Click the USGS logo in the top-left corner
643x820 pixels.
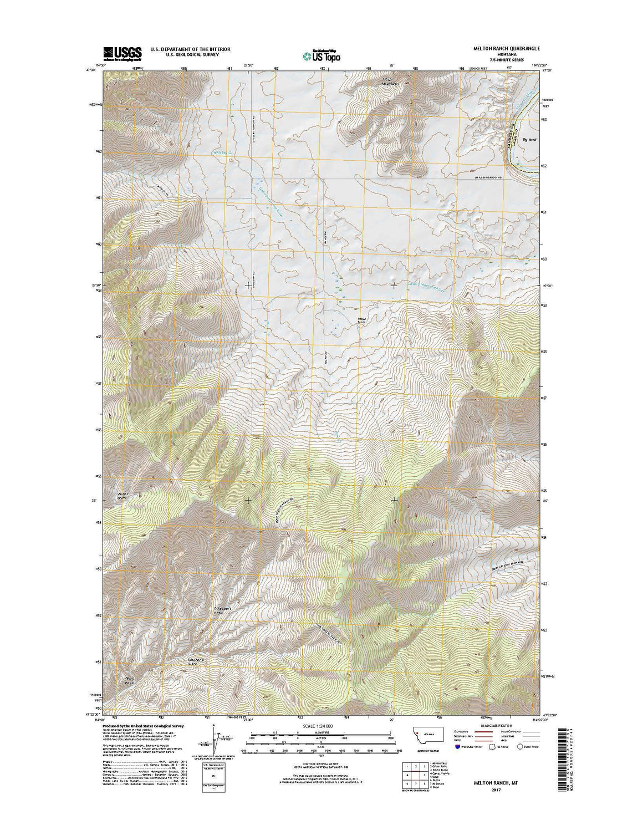123,52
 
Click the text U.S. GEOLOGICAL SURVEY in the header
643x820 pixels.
190,54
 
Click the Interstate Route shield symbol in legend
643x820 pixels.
457,746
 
